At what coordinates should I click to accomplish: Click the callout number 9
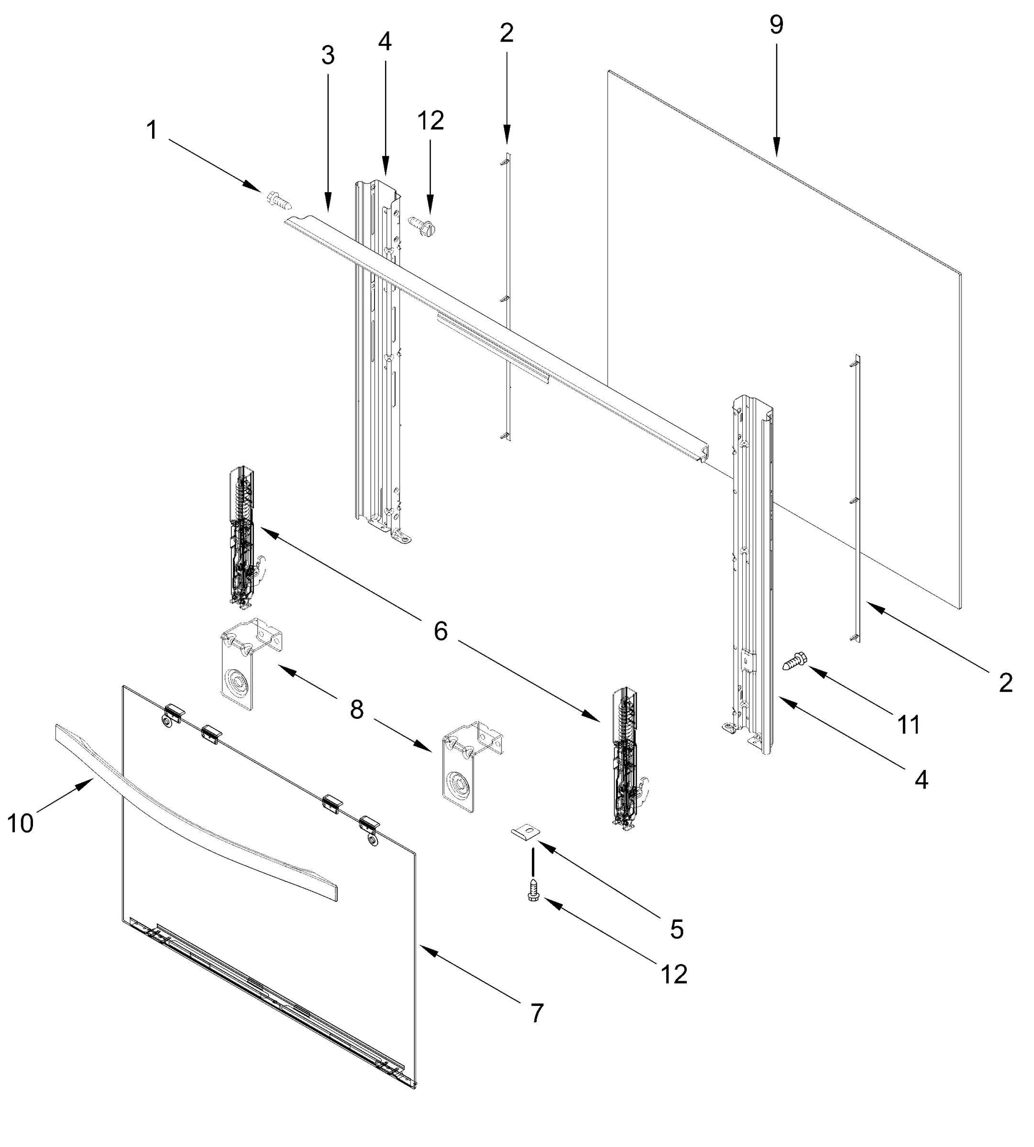pyautogui.click(x=776, y=25)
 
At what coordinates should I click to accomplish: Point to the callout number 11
pyautogui.click(x=908, y=725)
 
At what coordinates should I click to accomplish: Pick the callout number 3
pyautogui.click(x=328, y=55)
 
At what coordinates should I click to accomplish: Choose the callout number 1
pyautogui.click(x=152, y=130)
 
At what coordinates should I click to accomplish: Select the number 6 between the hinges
pyautogui.click(x=441, y=631)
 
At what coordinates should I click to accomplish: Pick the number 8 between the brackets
pyautogui.click(x=356, y=710)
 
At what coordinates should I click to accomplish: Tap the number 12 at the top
pyautogui.click(x=430, y=121)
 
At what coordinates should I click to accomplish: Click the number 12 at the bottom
pyautogui.click(x=674, y=975)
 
